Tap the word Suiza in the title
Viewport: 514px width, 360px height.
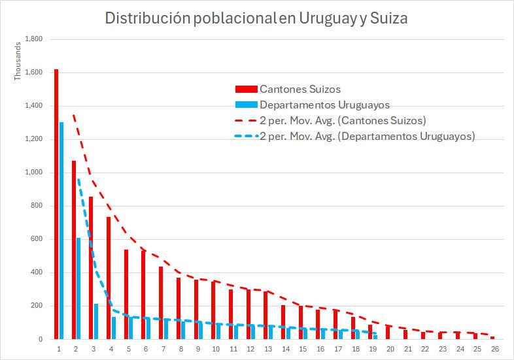click(388, 18)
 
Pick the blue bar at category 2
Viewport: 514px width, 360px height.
click(78, 288)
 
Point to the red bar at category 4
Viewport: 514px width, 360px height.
click(109, 278)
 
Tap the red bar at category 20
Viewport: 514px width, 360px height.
click(388, 333)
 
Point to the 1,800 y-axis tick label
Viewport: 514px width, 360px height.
click(33, 39)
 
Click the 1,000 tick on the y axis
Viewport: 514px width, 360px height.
click(33, 172)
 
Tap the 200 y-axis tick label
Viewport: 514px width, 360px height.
click(36, 306)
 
